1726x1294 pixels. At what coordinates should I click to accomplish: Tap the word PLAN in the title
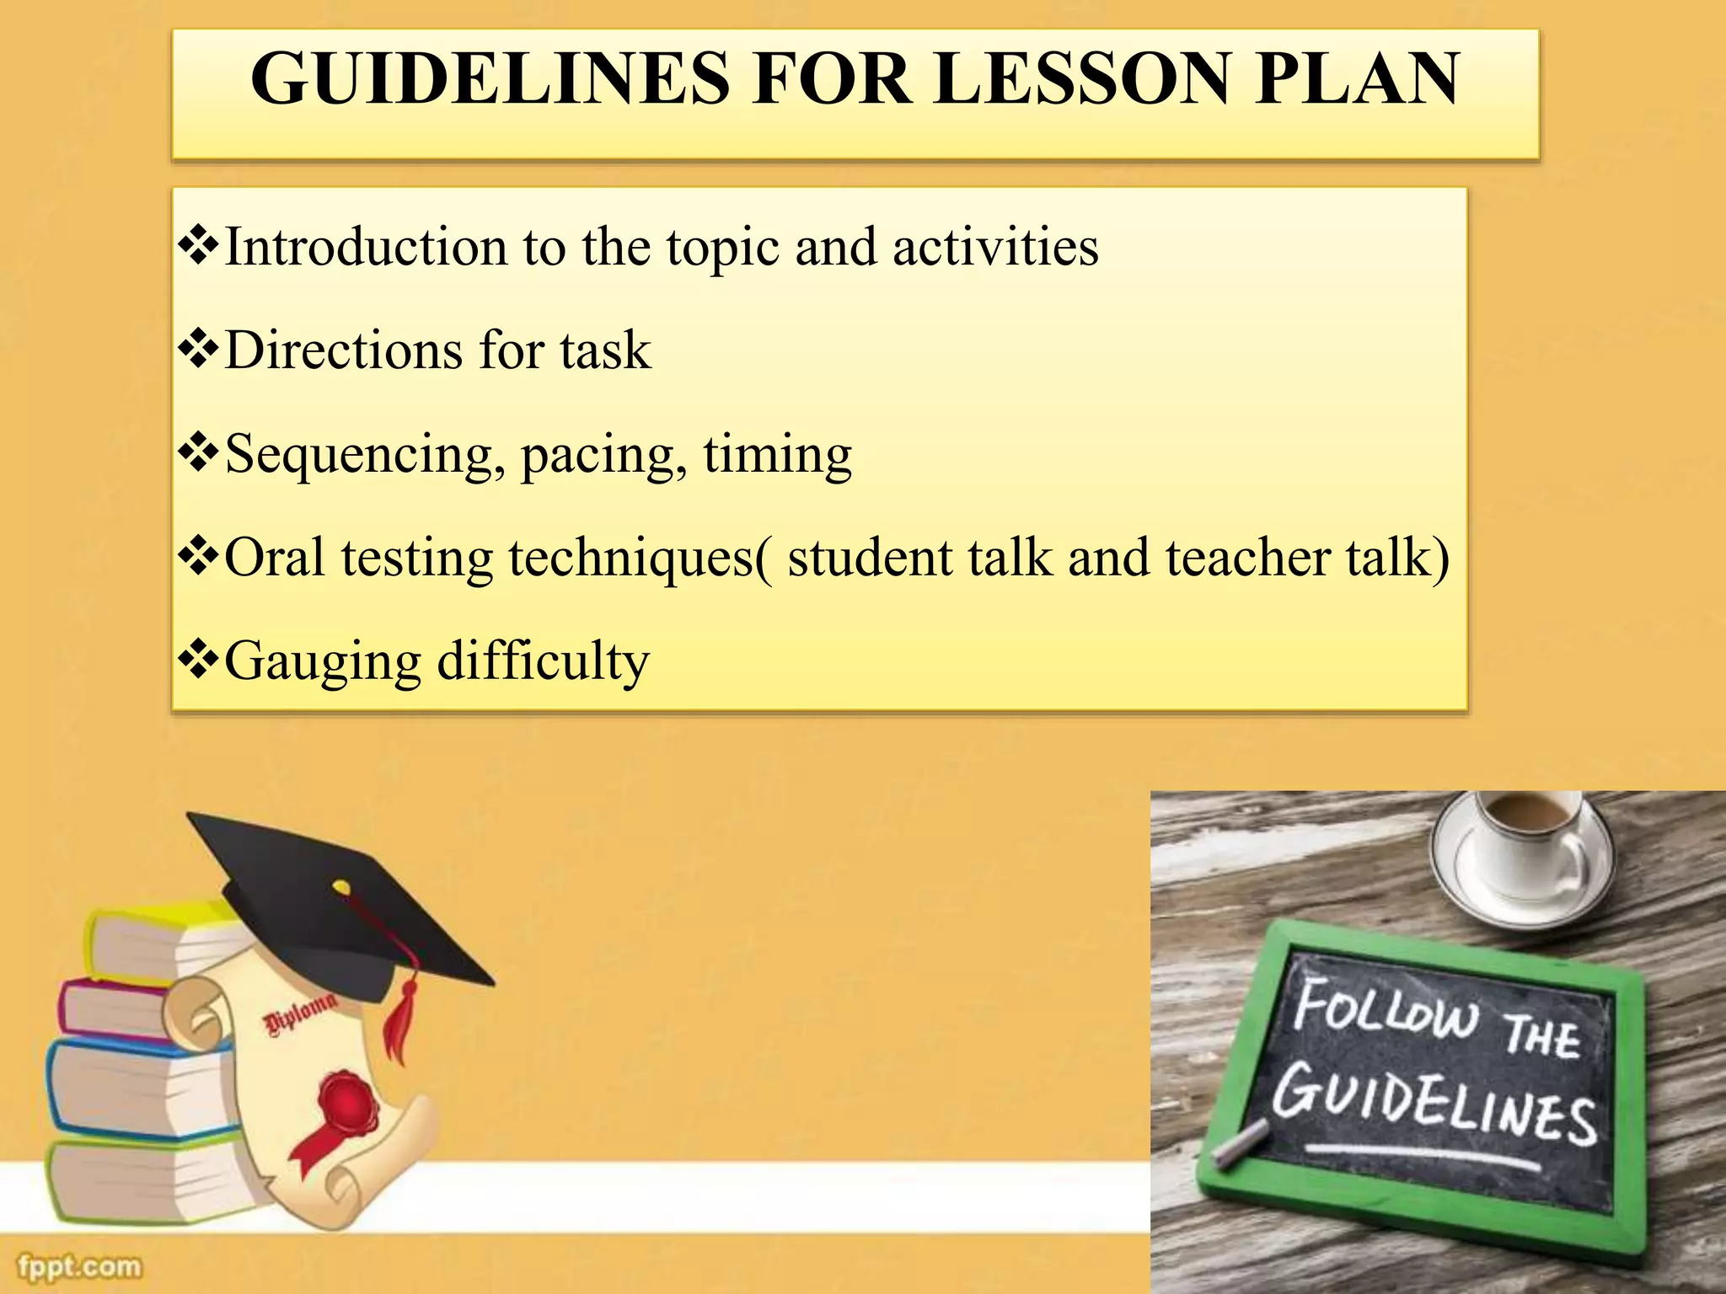tap(1356, 79)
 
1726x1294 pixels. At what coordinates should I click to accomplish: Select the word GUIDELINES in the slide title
tap(490, 79)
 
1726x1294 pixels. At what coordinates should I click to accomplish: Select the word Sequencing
tap(359, 455)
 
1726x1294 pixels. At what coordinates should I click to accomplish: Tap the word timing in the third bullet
tap(777, 455)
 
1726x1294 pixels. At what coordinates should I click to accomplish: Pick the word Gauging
tap(323, 662)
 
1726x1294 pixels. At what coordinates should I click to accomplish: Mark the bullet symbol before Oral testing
tap(198, 558)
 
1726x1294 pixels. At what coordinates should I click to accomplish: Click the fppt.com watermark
tap(80, 1266)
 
